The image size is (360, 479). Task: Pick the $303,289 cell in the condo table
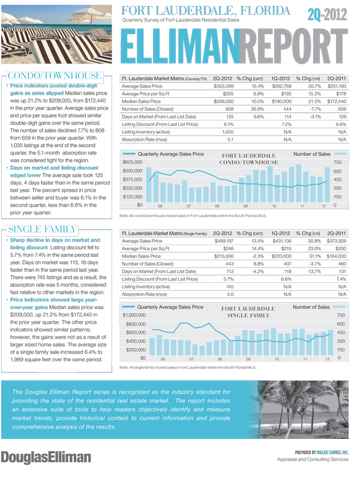[x=223, y=86]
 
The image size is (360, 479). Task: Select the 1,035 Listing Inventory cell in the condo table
[x=226, y=131]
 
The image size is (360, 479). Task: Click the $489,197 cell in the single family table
[x=223, y=240]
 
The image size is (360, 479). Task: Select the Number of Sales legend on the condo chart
[x=311, y=154]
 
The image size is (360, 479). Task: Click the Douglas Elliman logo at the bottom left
[x=46, y=457]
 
